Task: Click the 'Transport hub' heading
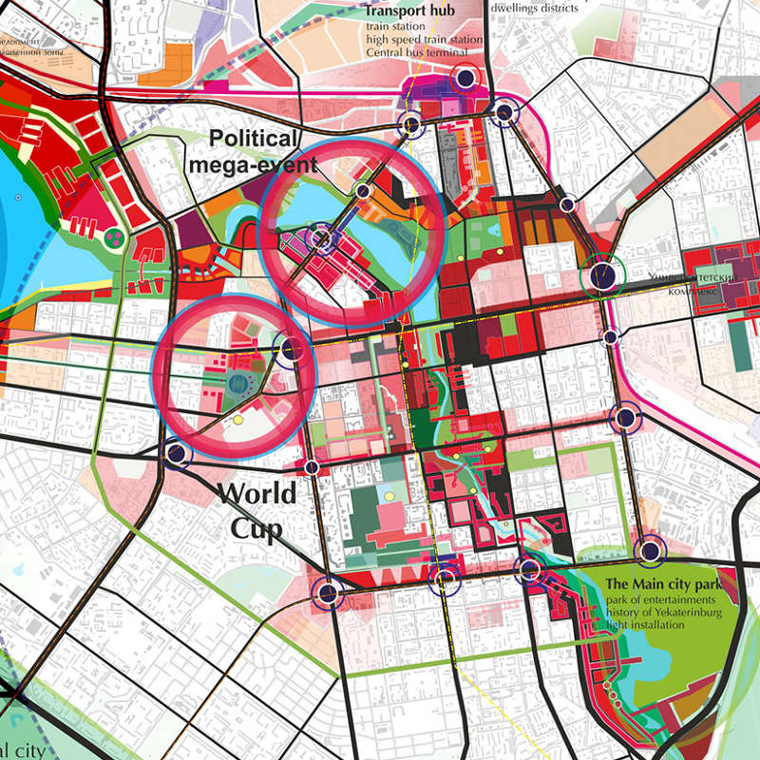point(410,11)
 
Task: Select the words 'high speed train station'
point(425,40)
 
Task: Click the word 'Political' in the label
point(254,139)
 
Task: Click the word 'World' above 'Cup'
point(256,494)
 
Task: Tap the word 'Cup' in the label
point(256,529)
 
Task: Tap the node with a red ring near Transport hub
point(465,79)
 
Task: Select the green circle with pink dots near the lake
point(114,237)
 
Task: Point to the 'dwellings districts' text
point(534,8)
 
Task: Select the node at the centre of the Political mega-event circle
point(323,237)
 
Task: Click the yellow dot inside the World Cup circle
point(237,419)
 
